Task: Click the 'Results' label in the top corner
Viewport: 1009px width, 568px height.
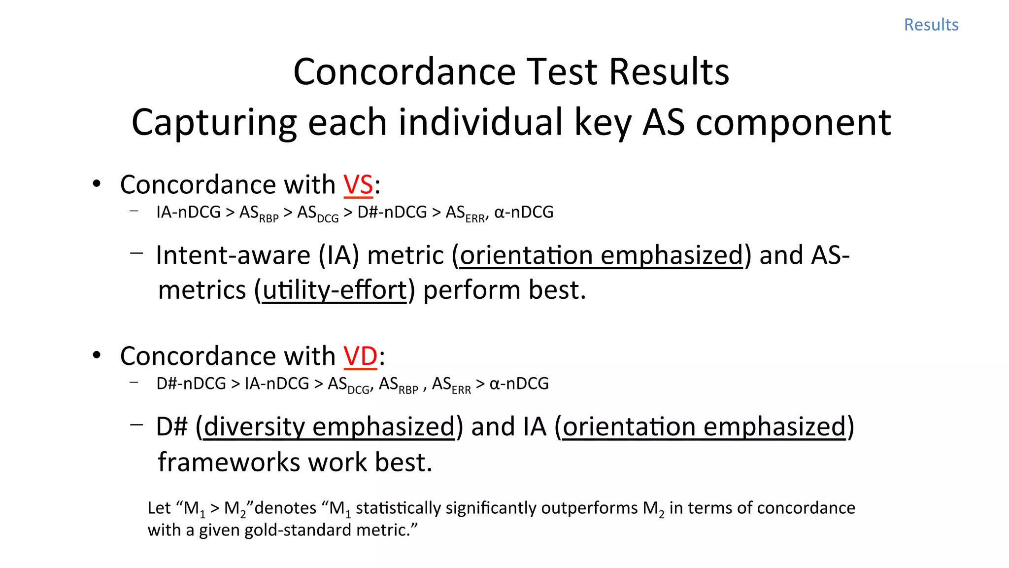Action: (x=931, y=25)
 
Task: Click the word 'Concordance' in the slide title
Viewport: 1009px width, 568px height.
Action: (x=404, y=72)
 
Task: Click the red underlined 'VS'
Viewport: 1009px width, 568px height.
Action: (x=358, y=185)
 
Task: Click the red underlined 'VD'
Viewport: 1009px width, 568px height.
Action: (x=360, y=356)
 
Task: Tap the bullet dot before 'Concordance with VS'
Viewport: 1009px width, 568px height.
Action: (x=97, y=184)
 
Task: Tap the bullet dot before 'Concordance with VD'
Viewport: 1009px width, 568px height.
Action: (x=97, y=355)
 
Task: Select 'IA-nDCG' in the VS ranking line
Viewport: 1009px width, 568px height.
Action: (x=188, y=212)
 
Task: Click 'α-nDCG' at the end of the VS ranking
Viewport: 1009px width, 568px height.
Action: (x=524, y=212)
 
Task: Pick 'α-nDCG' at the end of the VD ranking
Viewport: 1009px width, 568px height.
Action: (x=519, y=383)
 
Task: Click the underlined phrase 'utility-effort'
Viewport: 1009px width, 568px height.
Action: (x=335, y=290)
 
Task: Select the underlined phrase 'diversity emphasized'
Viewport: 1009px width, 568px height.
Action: (x=329, y=426)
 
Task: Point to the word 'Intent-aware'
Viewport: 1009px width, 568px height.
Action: (x=233, y=255)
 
